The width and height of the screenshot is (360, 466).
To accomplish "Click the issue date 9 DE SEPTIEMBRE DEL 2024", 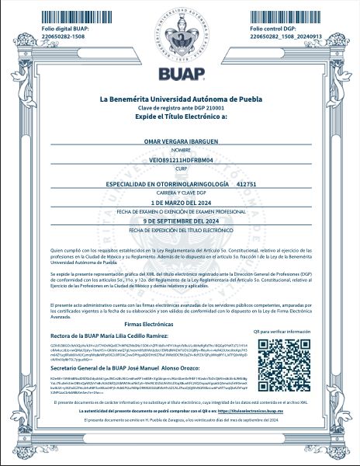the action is click(x=180, y=222).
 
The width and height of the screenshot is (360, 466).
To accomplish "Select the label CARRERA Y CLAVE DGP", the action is click(x=180, y=191).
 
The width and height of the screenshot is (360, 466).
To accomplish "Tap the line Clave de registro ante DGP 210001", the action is click(x=180, y=109).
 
